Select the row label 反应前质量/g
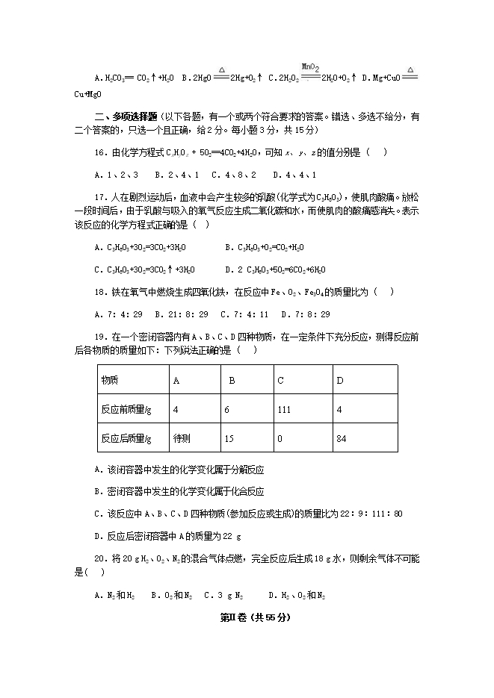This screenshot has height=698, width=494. (126, 409)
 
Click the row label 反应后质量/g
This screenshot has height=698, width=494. (126, 438)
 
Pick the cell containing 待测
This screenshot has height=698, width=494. (182, 438)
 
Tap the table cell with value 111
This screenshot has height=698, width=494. (283, 409)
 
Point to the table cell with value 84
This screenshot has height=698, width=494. (342, 438)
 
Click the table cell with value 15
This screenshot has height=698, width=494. (228, 438)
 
